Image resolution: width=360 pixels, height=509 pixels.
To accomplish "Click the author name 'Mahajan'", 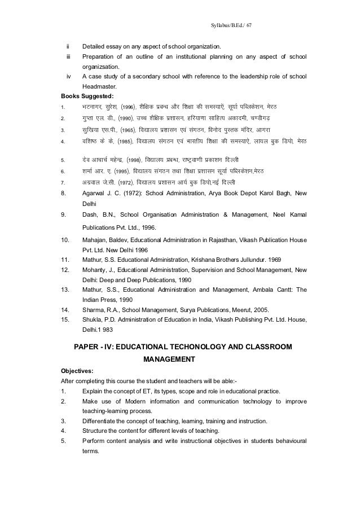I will [x=96, y=240].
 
